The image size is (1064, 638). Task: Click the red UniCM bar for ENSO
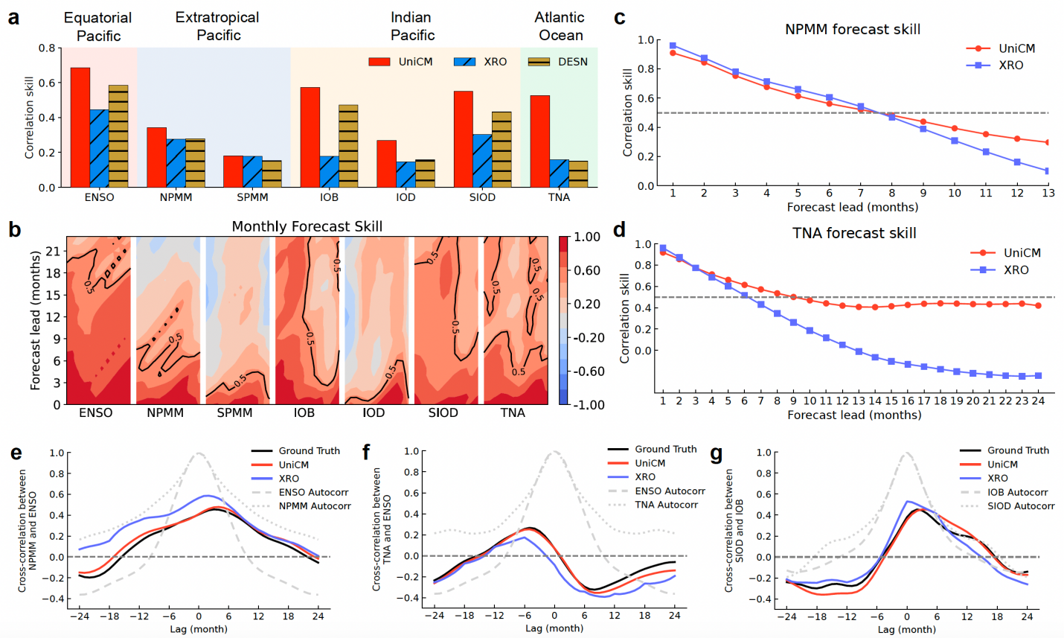pyautogui.click(x=80, y=127)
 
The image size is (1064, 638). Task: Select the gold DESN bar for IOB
pyautogui.click(x=349, y=146)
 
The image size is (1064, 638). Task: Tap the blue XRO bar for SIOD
pyautogui.click(x=482, y=161)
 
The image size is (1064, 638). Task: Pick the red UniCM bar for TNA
pyautogui.click(x=540, y=141)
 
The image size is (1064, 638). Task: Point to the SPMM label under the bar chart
pyautogui.click(x=252, y=197)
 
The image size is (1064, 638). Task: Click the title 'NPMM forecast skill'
pyautogui.click(x=853, y=30)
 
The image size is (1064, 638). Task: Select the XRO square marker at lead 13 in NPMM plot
pyautogui.click(x=1048, y=170)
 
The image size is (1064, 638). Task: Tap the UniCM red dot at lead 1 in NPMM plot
pyautogui.click(x=673, y=53)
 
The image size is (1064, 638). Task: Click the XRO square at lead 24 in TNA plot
pyautogui.click(x=1039, y=375)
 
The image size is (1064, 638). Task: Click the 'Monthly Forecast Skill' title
pyautogui.click(x=307, y=226)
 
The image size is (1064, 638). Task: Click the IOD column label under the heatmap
pyautogui.click(x=374, y=412)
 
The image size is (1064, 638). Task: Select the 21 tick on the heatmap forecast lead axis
pyautogui.click(x=54, y=251)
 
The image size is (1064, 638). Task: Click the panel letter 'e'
pyautogui.click(x=16, y=453)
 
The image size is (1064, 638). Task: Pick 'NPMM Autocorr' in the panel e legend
pyautogui.click(x=315, y=505)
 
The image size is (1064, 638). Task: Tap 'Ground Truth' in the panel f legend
pyautogui.click(x=665, y=449)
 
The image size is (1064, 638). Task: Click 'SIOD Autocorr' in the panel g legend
pyautogui.click(x=1021, y=505)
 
